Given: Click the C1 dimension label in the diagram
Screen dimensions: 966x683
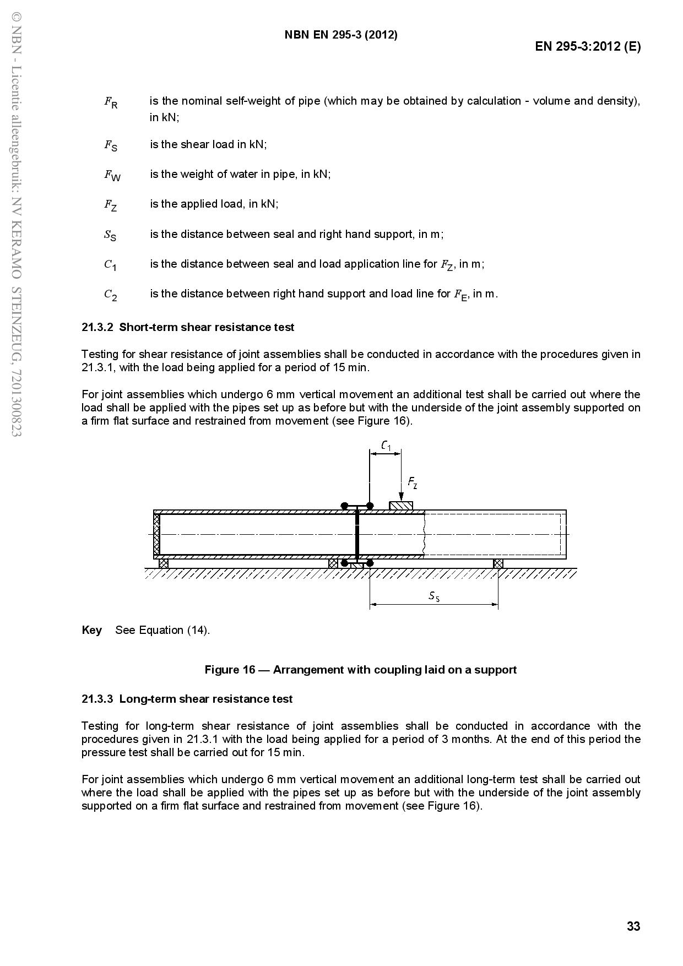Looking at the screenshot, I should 386,446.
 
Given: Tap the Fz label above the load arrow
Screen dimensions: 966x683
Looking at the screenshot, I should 413,483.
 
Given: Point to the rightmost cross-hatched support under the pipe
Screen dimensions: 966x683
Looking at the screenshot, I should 498,563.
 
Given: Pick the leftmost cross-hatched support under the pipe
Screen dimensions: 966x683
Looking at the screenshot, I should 164,563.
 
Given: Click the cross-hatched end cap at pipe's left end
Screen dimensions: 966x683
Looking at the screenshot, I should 156,534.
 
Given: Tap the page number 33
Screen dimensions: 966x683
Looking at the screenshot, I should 633,926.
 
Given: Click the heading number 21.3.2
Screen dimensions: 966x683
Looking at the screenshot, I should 97,327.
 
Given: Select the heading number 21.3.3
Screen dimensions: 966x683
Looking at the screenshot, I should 97,699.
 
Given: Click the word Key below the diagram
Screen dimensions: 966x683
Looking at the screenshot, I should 91,630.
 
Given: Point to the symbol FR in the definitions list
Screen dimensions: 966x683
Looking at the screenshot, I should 111,102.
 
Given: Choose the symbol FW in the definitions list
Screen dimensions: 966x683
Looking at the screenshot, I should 112,175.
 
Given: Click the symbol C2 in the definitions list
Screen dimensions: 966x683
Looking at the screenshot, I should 111,295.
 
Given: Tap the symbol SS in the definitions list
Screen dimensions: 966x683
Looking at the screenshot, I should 110,235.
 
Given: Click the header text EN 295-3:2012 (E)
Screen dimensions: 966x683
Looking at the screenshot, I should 588,46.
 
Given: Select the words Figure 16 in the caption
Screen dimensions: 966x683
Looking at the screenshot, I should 230,670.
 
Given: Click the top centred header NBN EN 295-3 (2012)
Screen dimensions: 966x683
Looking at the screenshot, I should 341,35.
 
